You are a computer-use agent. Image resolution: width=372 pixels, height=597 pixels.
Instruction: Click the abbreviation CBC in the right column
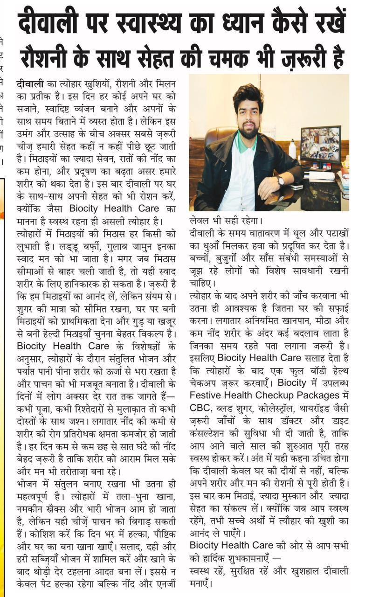pyautogui.click(x=200, y=407)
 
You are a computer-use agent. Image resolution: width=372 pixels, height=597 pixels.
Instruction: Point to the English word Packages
pyautogui.click(x=317, y=396)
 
